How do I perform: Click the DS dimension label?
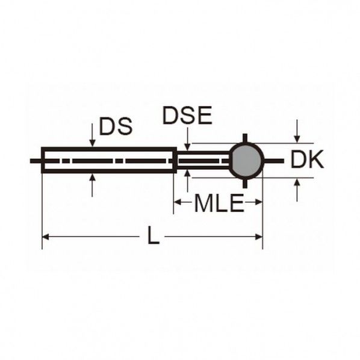coord(116,126)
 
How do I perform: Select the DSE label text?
coord(187,115)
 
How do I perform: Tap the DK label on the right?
coord(307,159)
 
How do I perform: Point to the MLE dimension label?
coord(219,203)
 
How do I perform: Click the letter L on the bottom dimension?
coord(153,235)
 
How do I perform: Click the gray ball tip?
coord(247,161)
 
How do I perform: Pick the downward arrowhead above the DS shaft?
coord(92,143)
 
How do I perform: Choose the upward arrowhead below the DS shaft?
coord(92,177)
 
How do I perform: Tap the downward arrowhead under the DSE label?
coord(188,147)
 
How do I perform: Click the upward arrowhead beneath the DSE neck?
coord(188,173)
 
